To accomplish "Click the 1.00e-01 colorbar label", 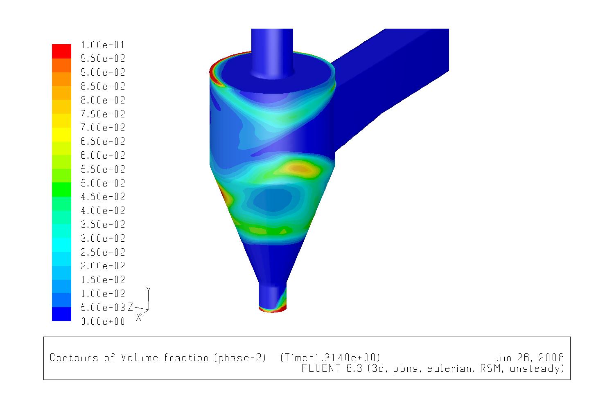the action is click(103, 45).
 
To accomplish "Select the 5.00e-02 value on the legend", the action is click(103, 183).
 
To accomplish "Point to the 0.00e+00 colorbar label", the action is click(103, 321).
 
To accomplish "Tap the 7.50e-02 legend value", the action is click(103, 114).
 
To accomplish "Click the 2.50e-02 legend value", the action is click(103, 252).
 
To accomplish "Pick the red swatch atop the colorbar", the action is click(62, 51).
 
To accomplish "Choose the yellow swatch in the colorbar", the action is click(62, 135).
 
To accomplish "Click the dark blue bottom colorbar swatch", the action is click(62, 314).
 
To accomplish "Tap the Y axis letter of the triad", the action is click(149, 289).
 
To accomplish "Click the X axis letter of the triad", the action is click(139, 317).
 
